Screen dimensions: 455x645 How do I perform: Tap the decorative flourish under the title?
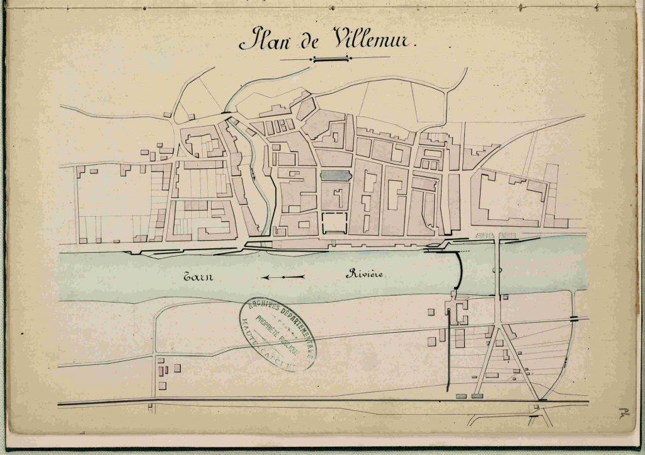click(331, 59)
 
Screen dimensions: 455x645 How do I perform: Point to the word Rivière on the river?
click(365, 274)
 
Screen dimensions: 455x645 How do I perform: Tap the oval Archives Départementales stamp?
click(278, 333)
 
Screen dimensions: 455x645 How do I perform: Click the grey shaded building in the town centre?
click(335, 176)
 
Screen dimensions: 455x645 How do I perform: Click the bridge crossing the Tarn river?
click(498, 271)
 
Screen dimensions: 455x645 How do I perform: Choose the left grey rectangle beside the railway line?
click(462, 396)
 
